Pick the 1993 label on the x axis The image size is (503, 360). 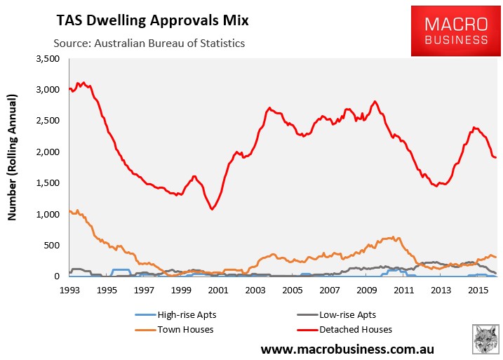[69, 289]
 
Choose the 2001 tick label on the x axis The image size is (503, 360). [218, 289]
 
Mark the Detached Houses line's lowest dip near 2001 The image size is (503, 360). [211, 208]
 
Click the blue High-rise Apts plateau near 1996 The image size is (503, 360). [121, 269]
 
